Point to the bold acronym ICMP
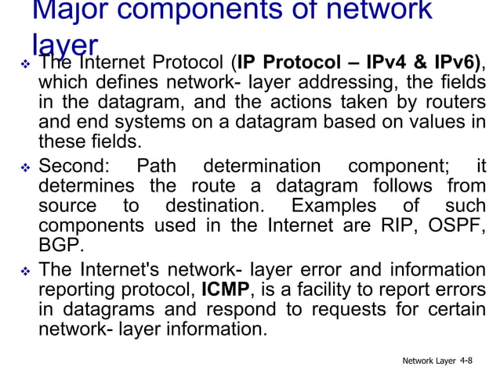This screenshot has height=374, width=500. pyautogui.click(x=225, y=289)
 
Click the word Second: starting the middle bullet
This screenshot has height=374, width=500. pyautogui.click(x=75, y=166)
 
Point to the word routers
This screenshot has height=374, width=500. pyautogui.click(x=455, y=102)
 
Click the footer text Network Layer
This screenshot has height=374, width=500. pyautogui.click(x=429, y=360)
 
